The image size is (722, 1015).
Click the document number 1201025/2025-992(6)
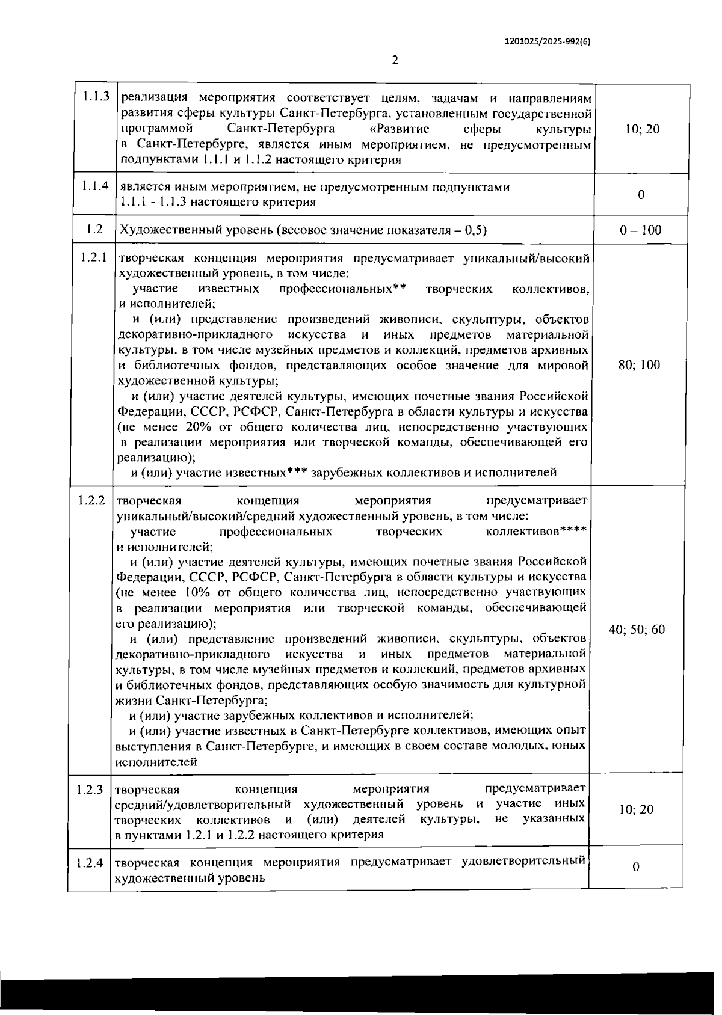[547, 42]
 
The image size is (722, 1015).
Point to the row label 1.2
[94, 228]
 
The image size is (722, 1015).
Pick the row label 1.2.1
[94, 258]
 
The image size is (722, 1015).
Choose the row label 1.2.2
[92, 500]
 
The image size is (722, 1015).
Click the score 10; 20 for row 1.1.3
[643, 129]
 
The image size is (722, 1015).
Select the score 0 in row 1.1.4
[641, 195]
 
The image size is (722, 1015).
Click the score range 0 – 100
[641, 230]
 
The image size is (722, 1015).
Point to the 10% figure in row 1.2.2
[199, 593]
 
